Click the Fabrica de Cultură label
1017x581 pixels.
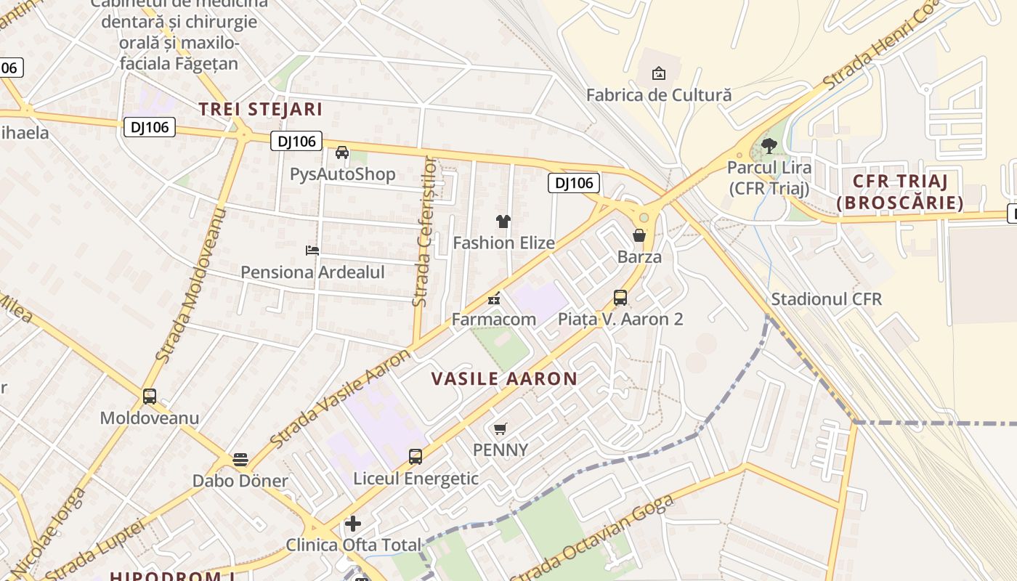point(658,95)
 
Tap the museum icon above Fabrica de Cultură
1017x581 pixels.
point(659,73)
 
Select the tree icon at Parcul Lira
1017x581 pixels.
point(769,146)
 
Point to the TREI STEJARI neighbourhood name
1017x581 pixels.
point(261,110)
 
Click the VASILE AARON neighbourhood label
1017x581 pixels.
point(504,378)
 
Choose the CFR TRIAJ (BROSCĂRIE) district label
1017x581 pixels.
point(899,192)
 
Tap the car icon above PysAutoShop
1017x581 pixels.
point(342,153)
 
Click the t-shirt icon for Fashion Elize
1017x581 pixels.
point(503,222)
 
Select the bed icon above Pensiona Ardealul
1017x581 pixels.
point(312,251)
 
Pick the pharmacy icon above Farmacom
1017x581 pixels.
point(494,298)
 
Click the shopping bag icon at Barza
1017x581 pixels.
point(639,235)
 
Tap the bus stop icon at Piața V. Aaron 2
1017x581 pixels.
point(620,297)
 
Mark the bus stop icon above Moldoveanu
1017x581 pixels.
point(150,397)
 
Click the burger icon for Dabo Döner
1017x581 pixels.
point(240,460)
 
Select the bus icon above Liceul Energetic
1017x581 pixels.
point(416,457)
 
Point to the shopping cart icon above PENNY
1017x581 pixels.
point(501,428)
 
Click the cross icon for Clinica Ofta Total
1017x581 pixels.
point(353,524)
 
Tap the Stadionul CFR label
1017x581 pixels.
point(826,299)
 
